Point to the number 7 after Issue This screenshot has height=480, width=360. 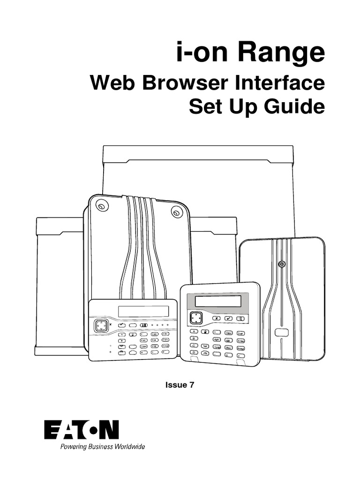pos(191,385)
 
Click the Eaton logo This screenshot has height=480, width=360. pos(82,430)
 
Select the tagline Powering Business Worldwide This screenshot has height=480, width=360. pos(102,447)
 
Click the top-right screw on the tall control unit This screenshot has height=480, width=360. pos(176,212)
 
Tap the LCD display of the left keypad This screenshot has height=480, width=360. pos(143,311)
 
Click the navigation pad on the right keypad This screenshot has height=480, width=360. pos(196,318)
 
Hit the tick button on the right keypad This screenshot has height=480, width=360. pos(229,318)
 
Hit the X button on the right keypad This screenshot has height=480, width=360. pos(216,318)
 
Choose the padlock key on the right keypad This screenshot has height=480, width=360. pos(205,331)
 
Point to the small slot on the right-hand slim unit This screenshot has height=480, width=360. pos(281,332)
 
